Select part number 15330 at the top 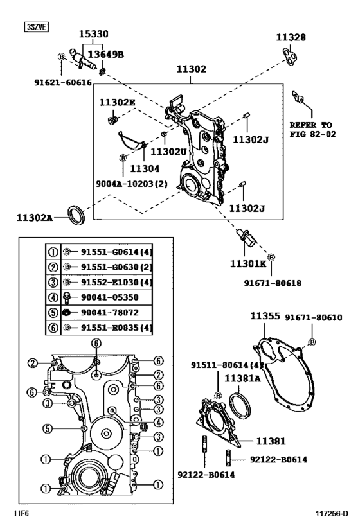pos(93,33)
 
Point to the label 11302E pos(117,102)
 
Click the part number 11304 pos(145,168)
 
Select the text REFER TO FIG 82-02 pos(312,129)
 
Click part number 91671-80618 pos(273,282)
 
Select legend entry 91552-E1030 pos(111,283)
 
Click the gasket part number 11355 pos(264,317)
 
